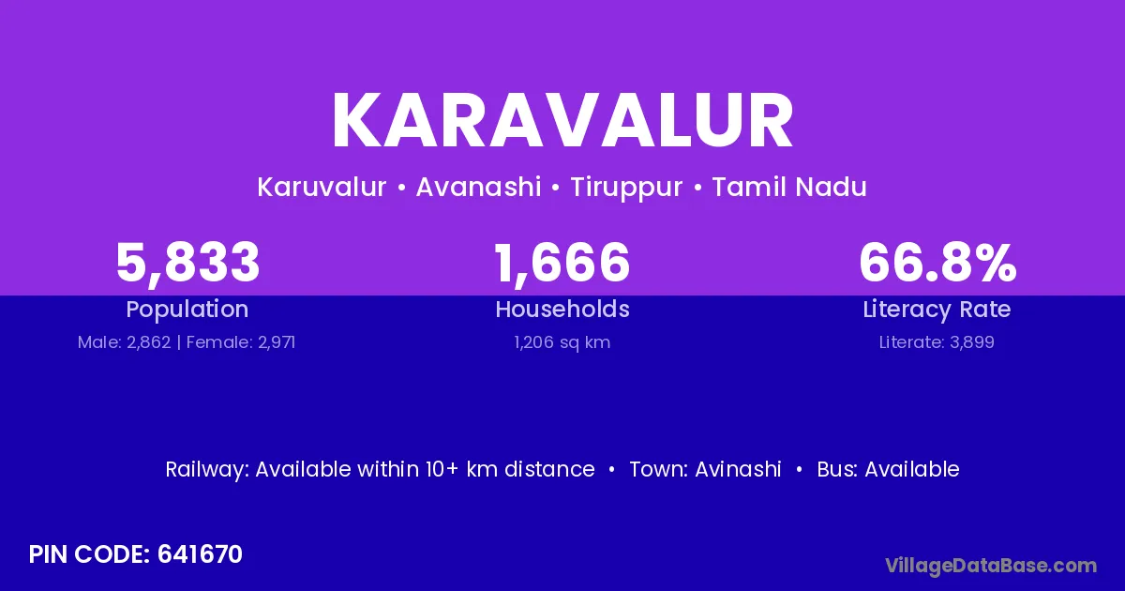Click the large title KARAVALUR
(x=562, y=120)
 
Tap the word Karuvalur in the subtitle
(x=322, y=187)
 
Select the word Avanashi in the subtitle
(x=479, y=187)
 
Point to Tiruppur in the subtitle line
(x=626, y=188)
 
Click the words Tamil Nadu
(x=789, y=187)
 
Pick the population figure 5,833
(x=187, y=263)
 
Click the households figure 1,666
(x=562, y=263)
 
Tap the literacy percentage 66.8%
(x=937, y=262)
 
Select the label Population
(x=187, y=310)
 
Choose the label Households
(x=562, y=309)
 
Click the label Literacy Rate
(x=937, y=310)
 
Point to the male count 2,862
(x=149, y=342)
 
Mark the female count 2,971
(x=277, y=342)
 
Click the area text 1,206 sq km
(x=562, y=343)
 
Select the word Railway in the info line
(x=206, y=470)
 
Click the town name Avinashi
(x=738, y=469)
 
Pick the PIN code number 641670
(x=200, y=554)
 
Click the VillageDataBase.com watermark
(x=991, y=566)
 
